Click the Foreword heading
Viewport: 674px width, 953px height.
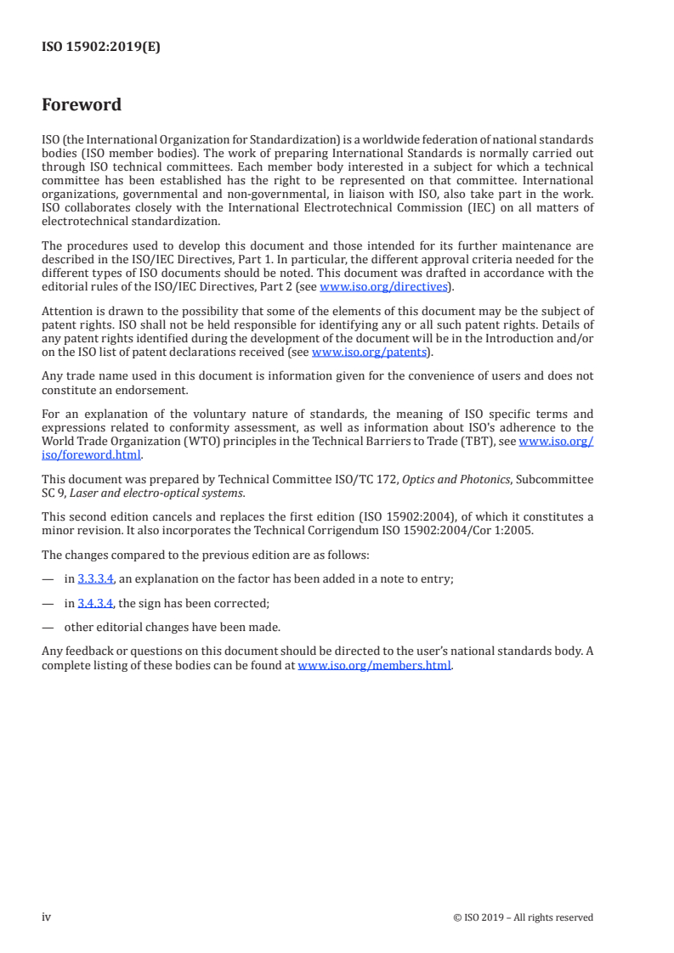(82, 105)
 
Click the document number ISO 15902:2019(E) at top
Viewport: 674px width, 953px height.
(101, 48)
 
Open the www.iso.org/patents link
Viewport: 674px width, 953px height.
(370, 352)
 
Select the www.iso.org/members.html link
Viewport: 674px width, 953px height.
(374, 666)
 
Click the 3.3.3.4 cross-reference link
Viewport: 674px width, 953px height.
(95, 579)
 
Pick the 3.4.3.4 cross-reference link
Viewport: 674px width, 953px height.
(95, 604)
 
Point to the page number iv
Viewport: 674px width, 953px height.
(47, 916)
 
